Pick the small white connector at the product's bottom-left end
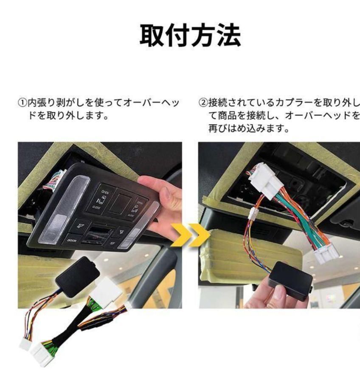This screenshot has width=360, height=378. tap(25, 343)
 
